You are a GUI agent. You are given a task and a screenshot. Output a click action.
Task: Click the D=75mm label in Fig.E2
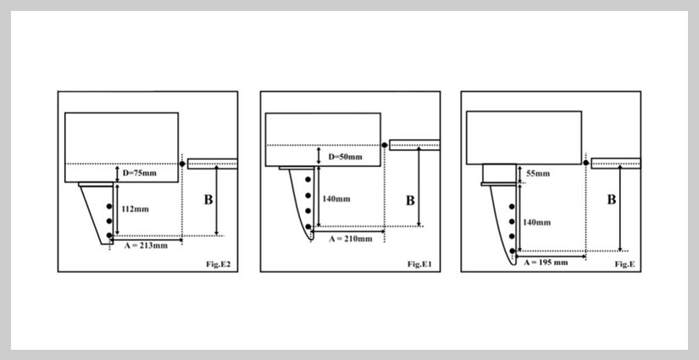click(x=139, y=173)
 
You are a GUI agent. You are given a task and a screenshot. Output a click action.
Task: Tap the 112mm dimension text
click(x=135, y=209)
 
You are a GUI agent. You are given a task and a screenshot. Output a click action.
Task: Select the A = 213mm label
click(x=146, y=246)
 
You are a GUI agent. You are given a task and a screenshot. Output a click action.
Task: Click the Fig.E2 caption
click(x=218, y=264)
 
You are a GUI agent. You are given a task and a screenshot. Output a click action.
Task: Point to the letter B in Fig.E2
click(x=208, y=200)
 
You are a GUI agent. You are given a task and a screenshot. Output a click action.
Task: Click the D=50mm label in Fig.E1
click(x=345, y=157)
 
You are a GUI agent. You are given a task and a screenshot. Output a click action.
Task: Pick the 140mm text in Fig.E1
click(x=336, y=199)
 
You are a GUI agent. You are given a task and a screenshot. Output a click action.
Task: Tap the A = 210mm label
click(x=351, y=239)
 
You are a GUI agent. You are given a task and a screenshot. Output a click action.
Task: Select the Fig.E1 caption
click(x=419, y=264)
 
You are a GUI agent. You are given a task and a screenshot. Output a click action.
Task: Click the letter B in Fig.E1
click(x=410, y=201)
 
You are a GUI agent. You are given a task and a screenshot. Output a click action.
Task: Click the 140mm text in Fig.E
click(x=536, y=222)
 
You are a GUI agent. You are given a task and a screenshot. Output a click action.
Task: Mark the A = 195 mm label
click(x=546, y=263)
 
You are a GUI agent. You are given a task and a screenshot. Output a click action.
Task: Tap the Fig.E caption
click(x=625, y=264)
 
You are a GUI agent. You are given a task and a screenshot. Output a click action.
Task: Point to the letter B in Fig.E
click(x=612, y=200)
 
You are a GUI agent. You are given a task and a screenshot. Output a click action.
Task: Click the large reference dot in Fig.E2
click(x=182, y=164)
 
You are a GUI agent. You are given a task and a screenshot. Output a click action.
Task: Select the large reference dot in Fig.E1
click(x=385, y=145)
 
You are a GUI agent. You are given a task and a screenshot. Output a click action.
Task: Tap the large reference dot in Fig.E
click(x=585, y=163)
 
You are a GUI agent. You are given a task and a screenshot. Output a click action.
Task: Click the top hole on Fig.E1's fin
click(x=308, y=180)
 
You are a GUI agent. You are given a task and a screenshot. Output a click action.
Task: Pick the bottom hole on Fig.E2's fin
click(x=109, y=235)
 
